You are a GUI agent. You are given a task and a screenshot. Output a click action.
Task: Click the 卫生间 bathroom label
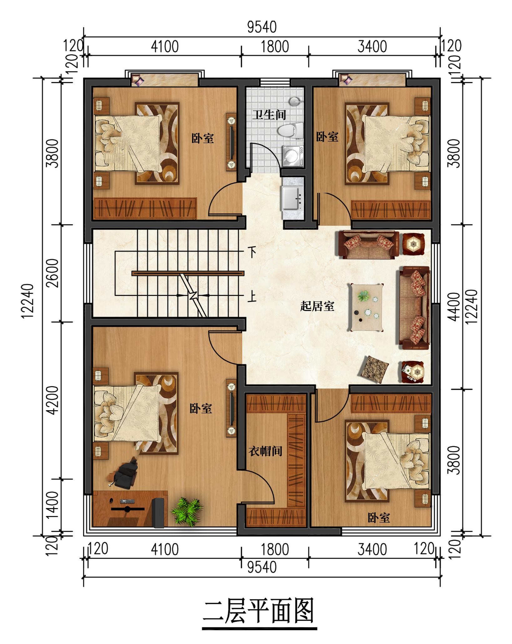tap(269, 115)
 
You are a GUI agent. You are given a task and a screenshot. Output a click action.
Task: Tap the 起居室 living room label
tap(317, 306)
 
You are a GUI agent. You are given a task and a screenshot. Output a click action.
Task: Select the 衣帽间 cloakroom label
tap(265, 451)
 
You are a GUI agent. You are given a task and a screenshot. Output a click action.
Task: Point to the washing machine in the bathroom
tap(293, 156)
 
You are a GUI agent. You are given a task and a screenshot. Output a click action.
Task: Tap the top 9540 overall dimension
tap(262, 27)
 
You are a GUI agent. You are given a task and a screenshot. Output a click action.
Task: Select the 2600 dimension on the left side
tap(54, 273)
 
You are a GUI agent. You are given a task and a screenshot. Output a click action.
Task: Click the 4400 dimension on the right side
tap(454, 307)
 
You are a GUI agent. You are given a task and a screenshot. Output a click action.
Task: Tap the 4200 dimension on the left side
tap(54, 400)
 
